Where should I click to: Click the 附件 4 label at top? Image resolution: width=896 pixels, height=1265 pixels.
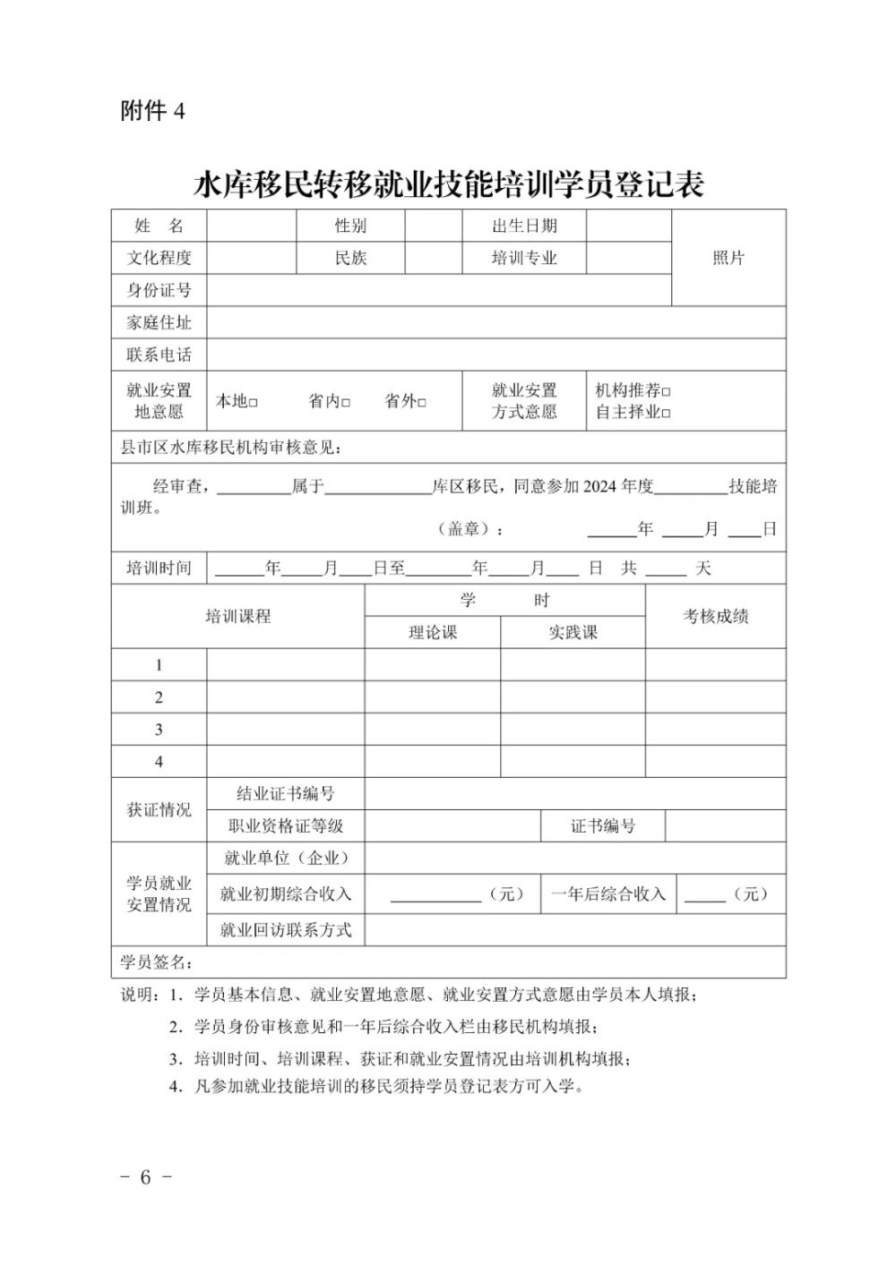click(152, 111)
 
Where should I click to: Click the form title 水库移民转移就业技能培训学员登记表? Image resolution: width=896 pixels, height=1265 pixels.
click(449, 184)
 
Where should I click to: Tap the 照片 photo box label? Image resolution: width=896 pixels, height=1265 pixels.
click(728, 258)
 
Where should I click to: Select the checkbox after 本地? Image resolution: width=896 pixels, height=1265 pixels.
click(254, 403)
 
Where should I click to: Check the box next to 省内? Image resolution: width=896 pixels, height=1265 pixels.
click(346, 403)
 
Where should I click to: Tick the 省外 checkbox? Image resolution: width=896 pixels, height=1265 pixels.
click(422, 403)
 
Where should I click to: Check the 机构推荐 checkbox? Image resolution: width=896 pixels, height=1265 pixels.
click(666, 391)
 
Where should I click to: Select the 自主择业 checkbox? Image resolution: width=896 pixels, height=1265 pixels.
click(666, 413)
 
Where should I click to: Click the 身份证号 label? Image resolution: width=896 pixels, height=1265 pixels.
click(159, 290)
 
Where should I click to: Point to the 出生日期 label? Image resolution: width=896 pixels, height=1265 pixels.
click(524, 226)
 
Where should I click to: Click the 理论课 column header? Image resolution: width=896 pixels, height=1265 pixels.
click(433, 632)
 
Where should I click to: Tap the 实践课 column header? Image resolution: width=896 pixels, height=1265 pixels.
click(573, 632)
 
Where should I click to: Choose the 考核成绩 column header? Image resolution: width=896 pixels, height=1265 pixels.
click(715, 616)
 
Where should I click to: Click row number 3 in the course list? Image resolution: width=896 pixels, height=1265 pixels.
click(159, 729)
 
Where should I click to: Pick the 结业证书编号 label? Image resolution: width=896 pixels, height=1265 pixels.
click(285, 793)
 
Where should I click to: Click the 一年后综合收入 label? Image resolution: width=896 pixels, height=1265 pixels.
click(608, 893)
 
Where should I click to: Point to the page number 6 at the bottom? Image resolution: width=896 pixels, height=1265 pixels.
click(145, 1176)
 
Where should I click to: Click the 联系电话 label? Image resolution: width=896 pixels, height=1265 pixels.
click(159, 355)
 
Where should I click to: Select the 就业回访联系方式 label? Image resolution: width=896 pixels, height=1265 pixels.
click(285, 929)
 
